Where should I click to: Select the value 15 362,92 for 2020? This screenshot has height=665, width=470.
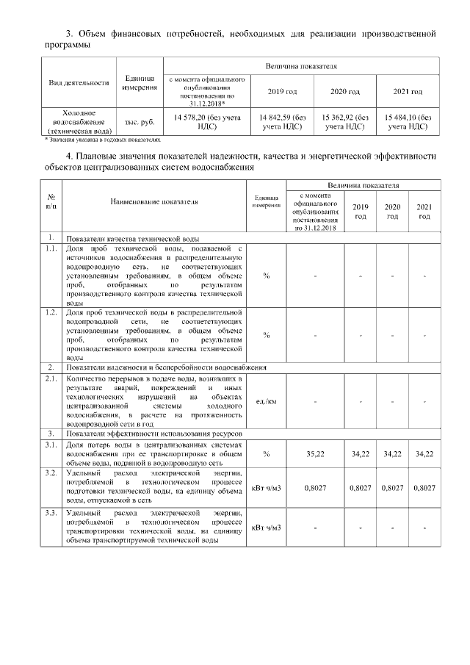[x=344, y=121]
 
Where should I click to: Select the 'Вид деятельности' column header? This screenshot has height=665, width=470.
[x=79, y=82]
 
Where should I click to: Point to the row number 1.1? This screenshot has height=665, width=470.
[x=51, y=250]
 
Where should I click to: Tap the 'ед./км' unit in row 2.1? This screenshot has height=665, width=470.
[x=266, y=401]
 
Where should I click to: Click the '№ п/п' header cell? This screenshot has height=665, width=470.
[x=51, y=201]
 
